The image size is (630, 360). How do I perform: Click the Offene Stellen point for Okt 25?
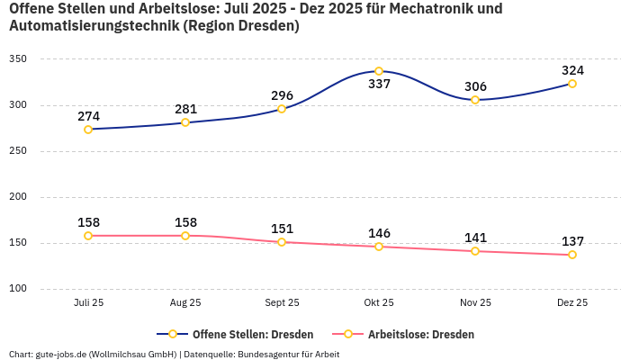point(379,71)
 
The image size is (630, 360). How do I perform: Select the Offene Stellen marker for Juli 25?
point(88,130)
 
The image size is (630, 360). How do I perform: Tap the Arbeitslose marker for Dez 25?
point(572,255)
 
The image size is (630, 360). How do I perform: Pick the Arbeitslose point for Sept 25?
point(282,242)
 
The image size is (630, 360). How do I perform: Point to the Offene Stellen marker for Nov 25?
point(475,100)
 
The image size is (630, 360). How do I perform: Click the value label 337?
point(379,85)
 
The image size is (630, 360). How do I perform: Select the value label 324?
point(572,70)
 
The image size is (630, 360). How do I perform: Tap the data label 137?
point(572,241)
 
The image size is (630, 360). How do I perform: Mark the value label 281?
point(185,109)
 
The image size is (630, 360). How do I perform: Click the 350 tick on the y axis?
point(19,59)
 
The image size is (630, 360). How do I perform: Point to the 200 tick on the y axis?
point(19,197)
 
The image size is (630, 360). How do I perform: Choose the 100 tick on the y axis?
point(19,289)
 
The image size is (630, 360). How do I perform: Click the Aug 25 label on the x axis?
point(185,303)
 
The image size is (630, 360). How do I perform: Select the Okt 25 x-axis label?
point(379,303)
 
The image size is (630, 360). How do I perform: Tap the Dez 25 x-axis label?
point(572,303)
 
